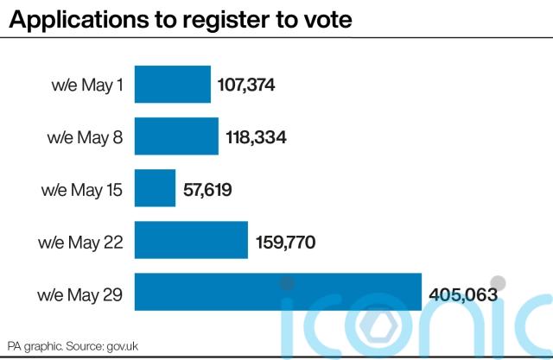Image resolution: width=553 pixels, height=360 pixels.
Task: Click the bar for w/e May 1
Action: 173,85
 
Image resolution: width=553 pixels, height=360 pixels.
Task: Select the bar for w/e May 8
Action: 176,136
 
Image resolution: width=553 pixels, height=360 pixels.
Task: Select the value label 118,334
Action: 255,136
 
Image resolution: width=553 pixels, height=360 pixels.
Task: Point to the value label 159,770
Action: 285,243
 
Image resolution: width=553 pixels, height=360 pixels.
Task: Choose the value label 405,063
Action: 462,295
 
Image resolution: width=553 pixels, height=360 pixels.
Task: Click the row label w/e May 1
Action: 86,85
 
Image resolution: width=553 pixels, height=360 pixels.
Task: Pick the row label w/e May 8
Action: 86,137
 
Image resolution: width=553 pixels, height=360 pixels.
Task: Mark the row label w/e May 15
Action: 82,190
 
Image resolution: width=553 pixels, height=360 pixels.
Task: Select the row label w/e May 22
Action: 81,243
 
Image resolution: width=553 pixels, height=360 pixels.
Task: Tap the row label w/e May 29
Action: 81,295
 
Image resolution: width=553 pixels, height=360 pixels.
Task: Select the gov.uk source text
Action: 124,344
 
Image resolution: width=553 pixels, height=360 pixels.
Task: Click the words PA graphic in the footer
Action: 33,344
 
